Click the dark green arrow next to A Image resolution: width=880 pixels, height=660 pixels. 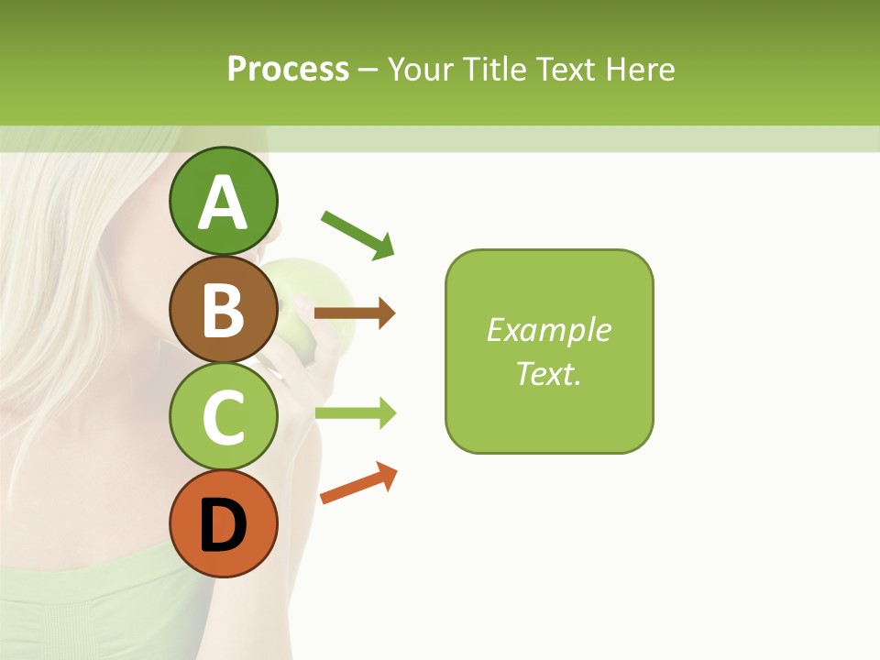click(357, 234)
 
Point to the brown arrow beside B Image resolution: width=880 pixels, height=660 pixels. click(355, 313)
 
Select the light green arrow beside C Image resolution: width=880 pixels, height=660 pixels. click(355, 413)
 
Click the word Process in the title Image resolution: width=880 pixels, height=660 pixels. click(288, 69)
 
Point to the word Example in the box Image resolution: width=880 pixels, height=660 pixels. click(548, 330)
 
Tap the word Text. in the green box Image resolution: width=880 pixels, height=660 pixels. click(548, 373)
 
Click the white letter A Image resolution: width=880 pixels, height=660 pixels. click(223, 203)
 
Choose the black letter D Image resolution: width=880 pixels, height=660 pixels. click(223, 526)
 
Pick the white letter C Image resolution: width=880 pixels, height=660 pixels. click(223, 418)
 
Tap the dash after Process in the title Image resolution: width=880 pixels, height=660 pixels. click(368, 70)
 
